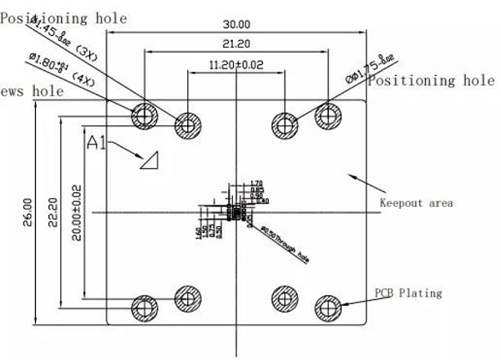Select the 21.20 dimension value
(238, 42)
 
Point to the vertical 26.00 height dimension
(27, 213)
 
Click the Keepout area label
(417, 203)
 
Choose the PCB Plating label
(407, 293)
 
